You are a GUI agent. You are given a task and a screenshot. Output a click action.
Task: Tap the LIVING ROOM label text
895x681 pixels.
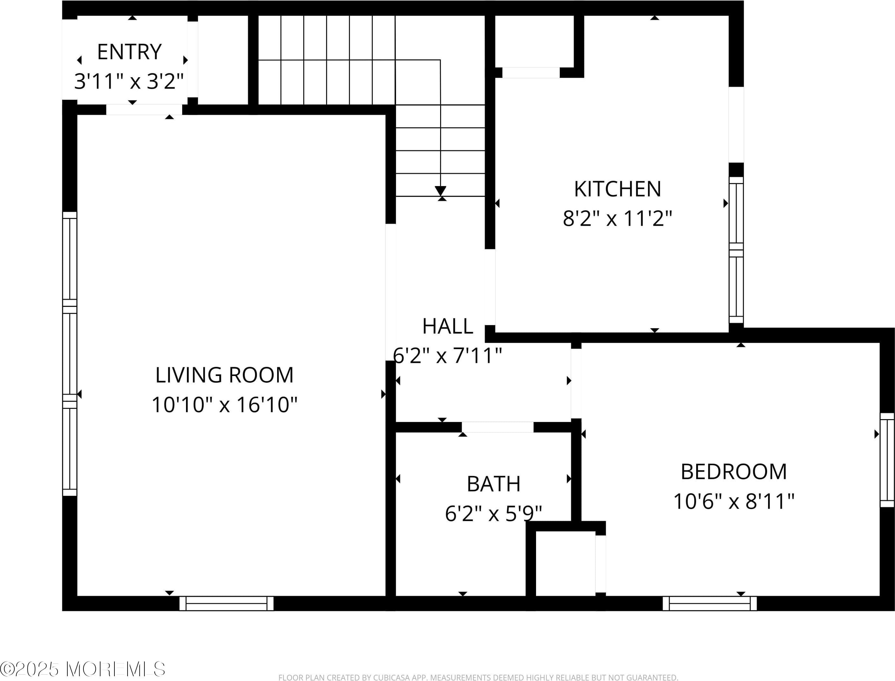tap(224, 375)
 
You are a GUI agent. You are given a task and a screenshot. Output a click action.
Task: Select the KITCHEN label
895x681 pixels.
tap(618, 189)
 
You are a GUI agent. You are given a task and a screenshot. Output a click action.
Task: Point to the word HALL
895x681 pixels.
tap(448, 326)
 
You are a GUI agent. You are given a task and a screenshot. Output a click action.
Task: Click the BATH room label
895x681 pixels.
tap(494, 484)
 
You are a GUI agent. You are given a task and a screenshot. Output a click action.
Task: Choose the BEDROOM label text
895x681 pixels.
tap(734, 472)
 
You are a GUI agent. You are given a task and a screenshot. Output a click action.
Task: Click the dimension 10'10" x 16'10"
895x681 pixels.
tap(224, 404)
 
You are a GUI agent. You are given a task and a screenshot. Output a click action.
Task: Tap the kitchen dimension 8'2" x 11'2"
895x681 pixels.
tap(618, 218)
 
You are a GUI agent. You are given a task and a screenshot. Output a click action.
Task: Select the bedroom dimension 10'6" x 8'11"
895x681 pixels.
tap(734, 501)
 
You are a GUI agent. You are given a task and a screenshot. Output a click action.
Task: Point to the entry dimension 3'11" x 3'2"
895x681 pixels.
tap(129, 82)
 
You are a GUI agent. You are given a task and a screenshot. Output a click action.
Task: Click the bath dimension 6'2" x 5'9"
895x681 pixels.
tap(494, 513)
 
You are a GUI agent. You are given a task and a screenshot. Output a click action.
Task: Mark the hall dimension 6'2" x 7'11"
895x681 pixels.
tap(448, 356)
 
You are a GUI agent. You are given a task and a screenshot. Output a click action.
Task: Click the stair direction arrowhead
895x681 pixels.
tap(440, 191)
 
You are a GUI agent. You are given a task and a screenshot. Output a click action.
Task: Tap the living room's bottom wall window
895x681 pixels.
tap(227, 603)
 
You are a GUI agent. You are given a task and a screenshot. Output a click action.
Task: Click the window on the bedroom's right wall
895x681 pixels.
tap(887, 460)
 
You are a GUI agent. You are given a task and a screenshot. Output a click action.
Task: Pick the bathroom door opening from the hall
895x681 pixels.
tap(498, 427)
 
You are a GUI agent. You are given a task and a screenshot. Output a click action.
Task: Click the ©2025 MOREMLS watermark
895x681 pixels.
tap(83, 669)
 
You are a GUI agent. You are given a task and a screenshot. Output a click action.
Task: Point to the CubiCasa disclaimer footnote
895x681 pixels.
tap(478, 677)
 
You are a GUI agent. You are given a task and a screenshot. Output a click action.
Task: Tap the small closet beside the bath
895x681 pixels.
tap(565, 563)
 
